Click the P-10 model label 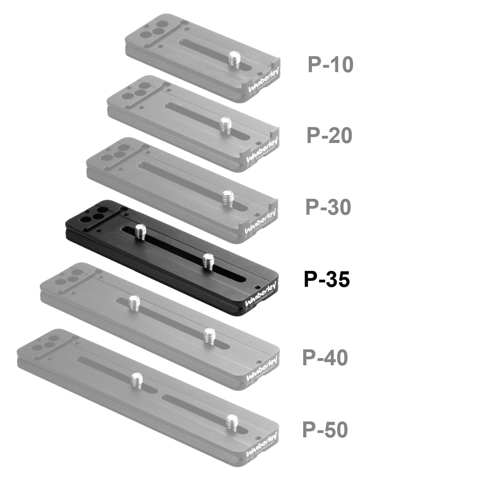click(x=330, y=64)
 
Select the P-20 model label click(x=329, y=135)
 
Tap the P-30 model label click(x=328, y=207)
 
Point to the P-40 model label click(x=325, y=357)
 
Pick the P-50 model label click(x=325, y=429)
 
